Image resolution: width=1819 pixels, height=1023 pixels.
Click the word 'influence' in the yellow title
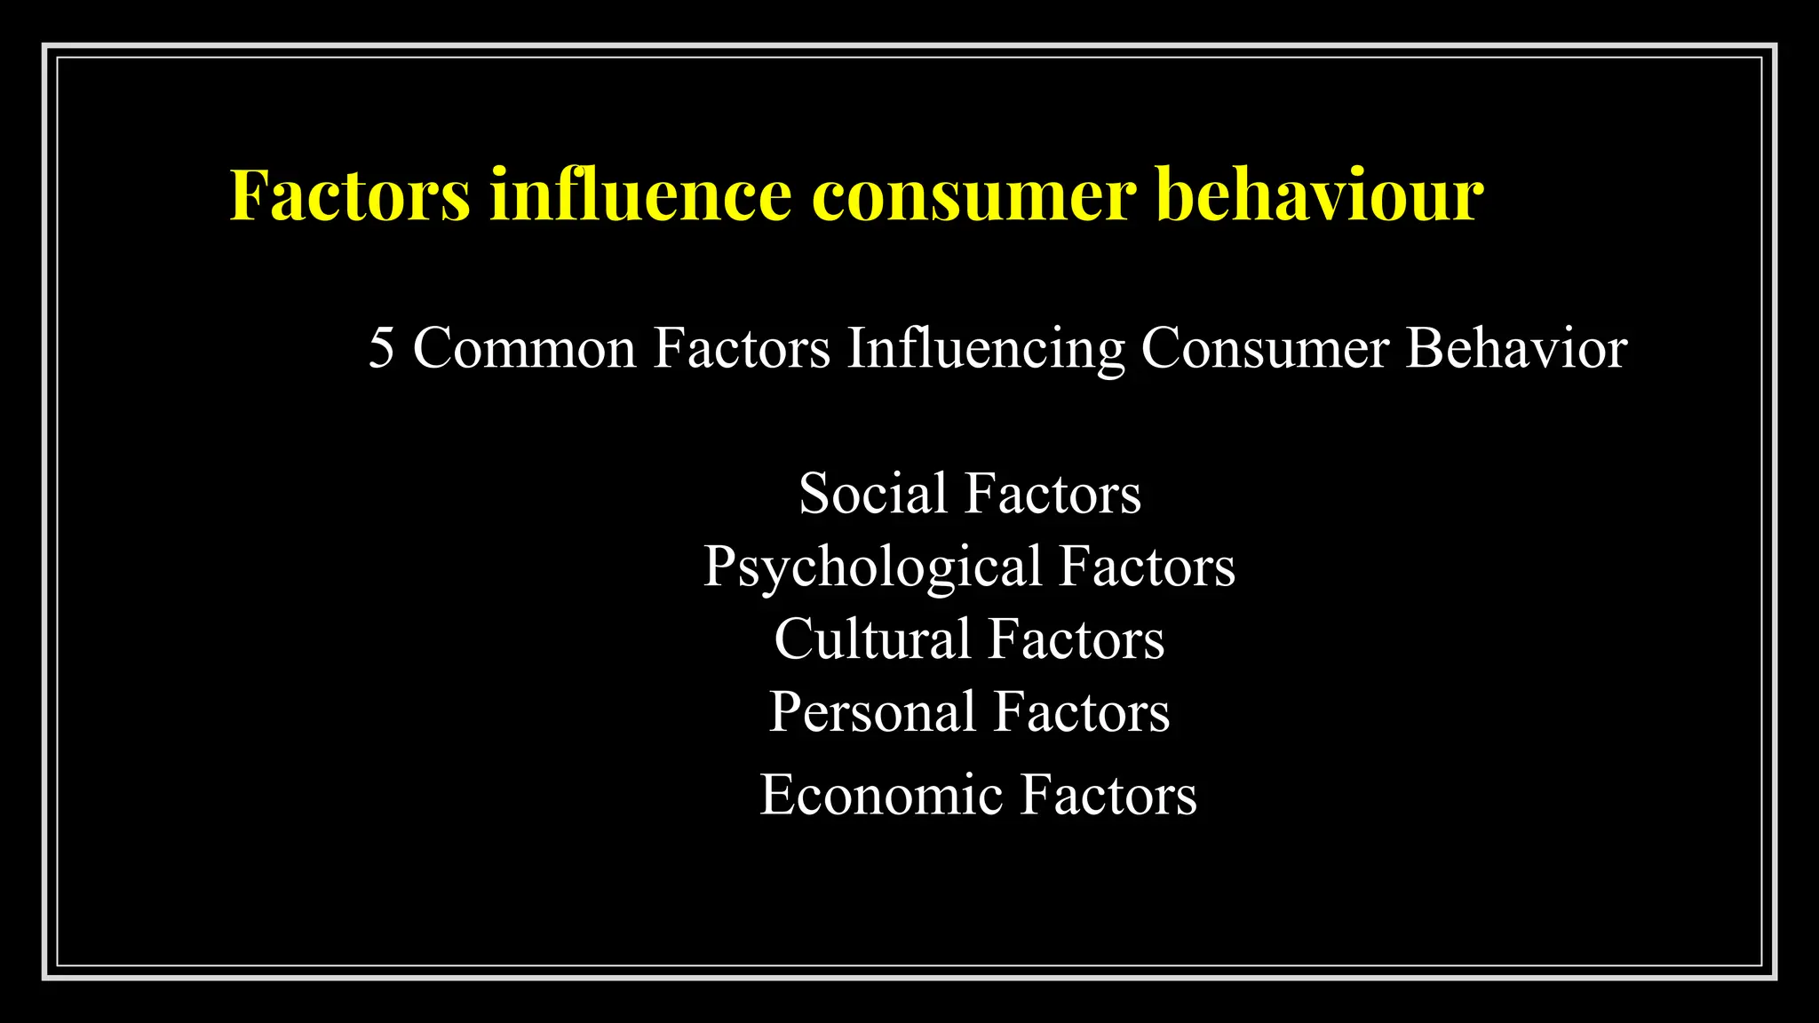click(639, 194)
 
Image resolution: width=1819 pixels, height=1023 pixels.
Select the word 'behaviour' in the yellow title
click(1321, 194)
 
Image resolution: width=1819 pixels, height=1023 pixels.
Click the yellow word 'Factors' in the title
click(350, 194)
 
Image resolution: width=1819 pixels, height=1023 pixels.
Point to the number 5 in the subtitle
click(381, 347)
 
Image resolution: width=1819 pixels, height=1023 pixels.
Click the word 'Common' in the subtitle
click(525, 347)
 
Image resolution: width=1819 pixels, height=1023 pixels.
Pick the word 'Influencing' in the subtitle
click(986, 349)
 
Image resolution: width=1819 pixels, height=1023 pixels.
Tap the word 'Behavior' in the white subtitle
click(1516, 347)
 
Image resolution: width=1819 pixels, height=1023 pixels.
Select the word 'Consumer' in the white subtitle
click(1265, 347)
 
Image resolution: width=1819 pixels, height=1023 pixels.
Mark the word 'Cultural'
click(872, 638)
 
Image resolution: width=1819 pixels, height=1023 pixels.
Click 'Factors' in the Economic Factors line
click(1108, 794)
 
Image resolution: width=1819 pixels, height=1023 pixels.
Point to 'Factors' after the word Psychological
click(1147, 566)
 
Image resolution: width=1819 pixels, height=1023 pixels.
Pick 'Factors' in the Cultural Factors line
click(1076, 638)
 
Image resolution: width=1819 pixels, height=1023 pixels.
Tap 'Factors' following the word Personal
click(1081, 712)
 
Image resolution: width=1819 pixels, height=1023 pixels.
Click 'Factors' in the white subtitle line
click(742, 347)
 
